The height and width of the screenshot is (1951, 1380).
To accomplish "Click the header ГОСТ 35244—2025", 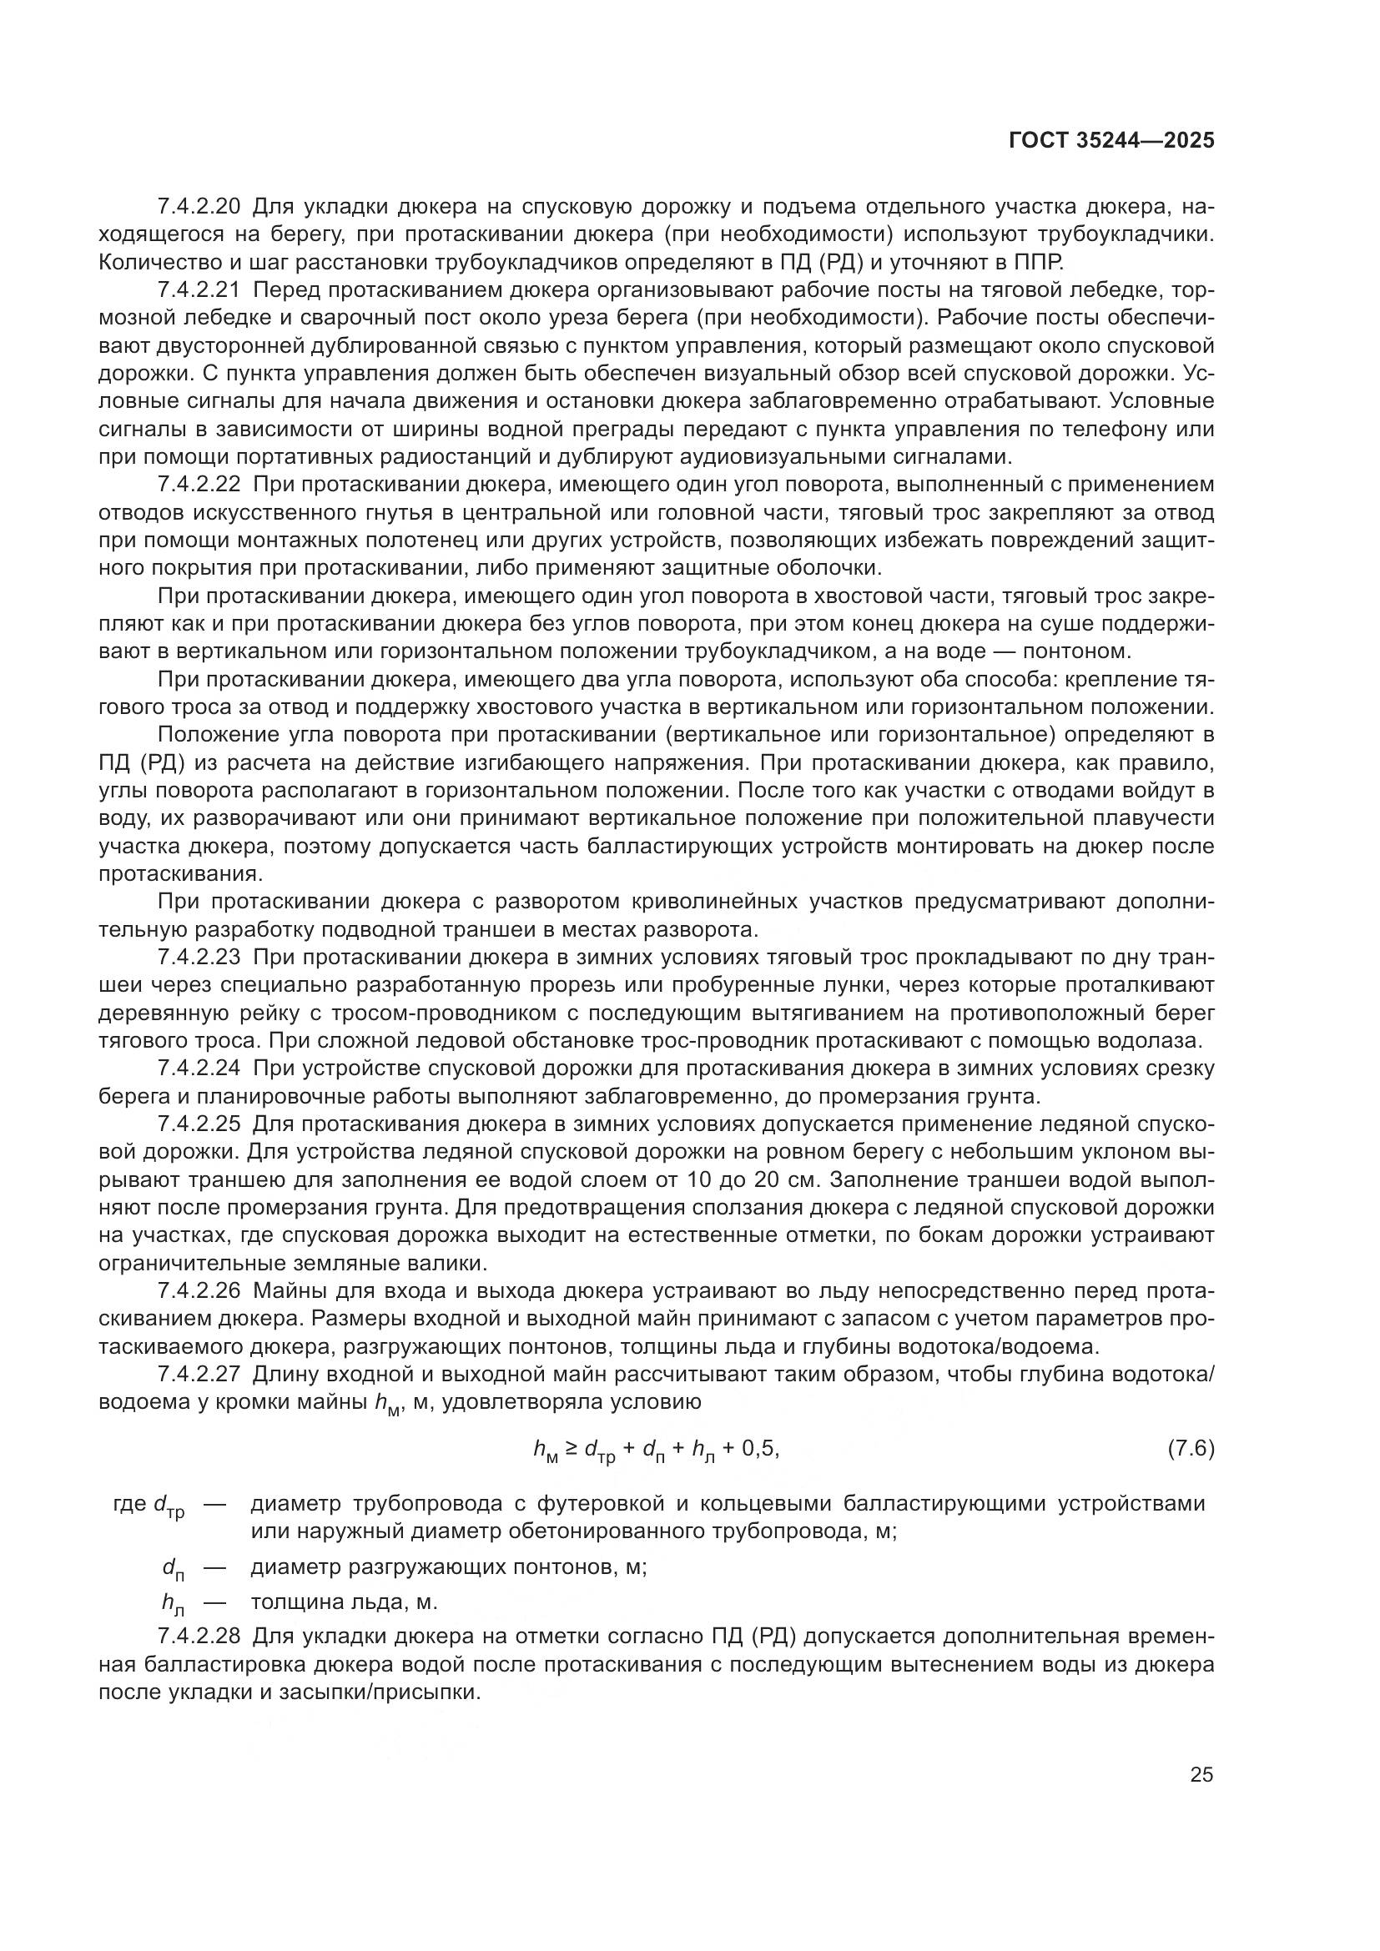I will (1111, 141).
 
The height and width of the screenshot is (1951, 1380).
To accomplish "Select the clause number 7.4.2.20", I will (199, 207).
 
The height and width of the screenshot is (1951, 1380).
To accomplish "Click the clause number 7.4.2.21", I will (199, 290).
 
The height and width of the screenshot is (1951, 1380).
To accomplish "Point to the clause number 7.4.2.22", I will (199, 485).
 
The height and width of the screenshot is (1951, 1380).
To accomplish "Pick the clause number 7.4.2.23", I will (199, 958).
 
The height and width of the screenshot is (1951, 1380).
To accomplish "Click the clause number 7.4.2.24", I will (199, 1069).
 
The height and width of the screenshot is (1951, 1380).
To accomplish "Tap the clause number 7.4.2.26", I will (199, 1291).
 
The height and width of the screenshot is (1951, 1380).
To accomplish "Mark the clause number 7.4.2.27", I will (199, 1375).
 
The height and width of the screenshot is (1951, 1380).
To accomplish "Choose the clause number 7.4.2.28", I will (199, 1637).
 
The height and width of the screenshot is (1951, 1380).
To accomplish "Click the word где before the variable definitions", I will (129, 1504).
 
